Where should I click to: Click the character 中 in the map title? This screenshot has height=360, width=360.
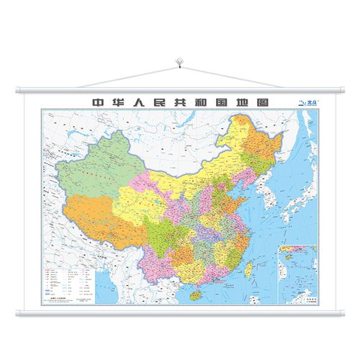94,102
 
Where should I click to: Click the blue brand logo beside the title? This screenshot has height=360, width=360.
307,102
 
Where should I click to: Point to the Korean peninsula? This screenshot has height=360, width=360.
269,192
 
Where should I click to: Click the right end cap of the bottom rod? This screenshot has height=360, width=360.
343,315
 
